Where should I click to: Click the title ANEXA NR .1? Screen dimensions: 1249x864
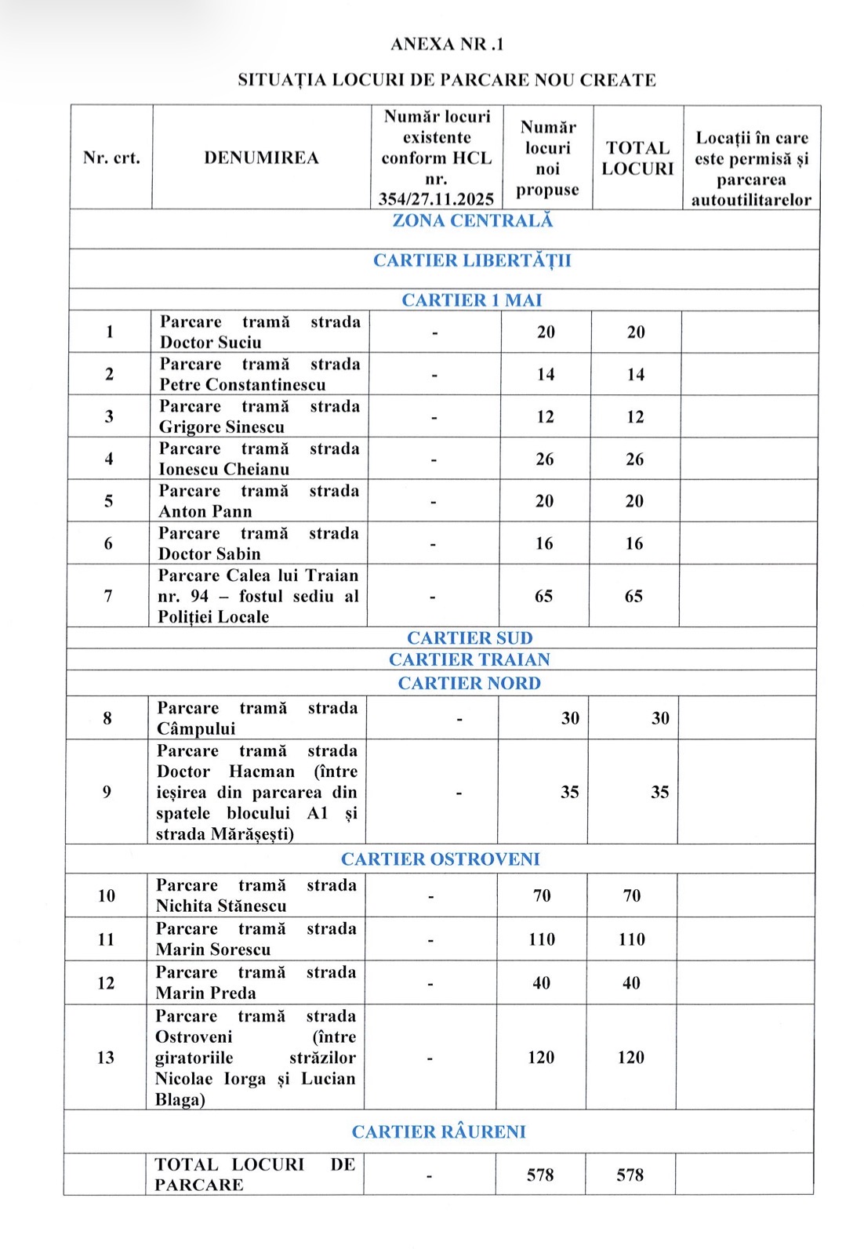coord(447,45)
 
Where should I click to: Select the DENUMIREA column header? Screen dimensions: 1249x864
coord(261,158)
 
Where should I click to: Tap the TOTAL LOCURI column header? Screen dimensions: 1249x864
coord(637,158)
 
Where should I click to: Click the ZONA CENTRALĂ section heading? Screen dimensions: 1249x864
coord(472,221)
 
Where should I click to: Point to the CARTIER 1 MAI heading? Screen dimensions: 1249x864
coord(471,300)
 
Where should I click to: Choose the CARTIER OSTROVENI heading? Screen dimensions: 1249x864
coord(440,859)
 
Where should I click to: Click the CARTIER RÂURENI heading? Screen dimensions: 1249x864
coord(438,1132)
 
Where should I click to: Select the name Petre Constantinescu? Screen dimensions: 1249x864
coord(242,385)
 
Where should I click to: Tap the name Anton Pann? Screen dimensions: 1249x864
coord(205,512)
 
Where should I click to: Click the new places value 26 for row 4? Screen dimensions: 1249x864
coord(545,459)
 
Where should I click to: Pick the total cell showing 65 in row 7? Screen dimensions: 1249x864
coord(633,597)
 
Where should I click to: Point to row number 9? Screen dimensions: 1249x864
coord(107,792)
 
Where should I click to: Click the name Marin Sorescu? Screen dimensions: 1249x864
coord(213,949)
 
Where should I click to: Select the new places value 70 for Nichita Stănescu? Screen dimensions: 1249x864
coord(542,896)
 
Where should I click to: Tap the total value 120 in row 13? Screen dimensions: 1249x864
coord(630,1058)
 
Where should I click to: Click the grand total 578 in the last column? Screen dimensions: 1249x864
coord(630,1175)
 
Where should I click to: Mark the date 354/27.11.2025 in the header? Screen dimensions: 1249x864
coord(436,199)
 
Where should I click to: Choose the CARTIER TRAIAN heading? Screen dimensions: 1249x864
coord(469,660)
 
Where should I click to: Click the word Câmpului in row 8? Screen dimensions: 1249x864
coord(196,729)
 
